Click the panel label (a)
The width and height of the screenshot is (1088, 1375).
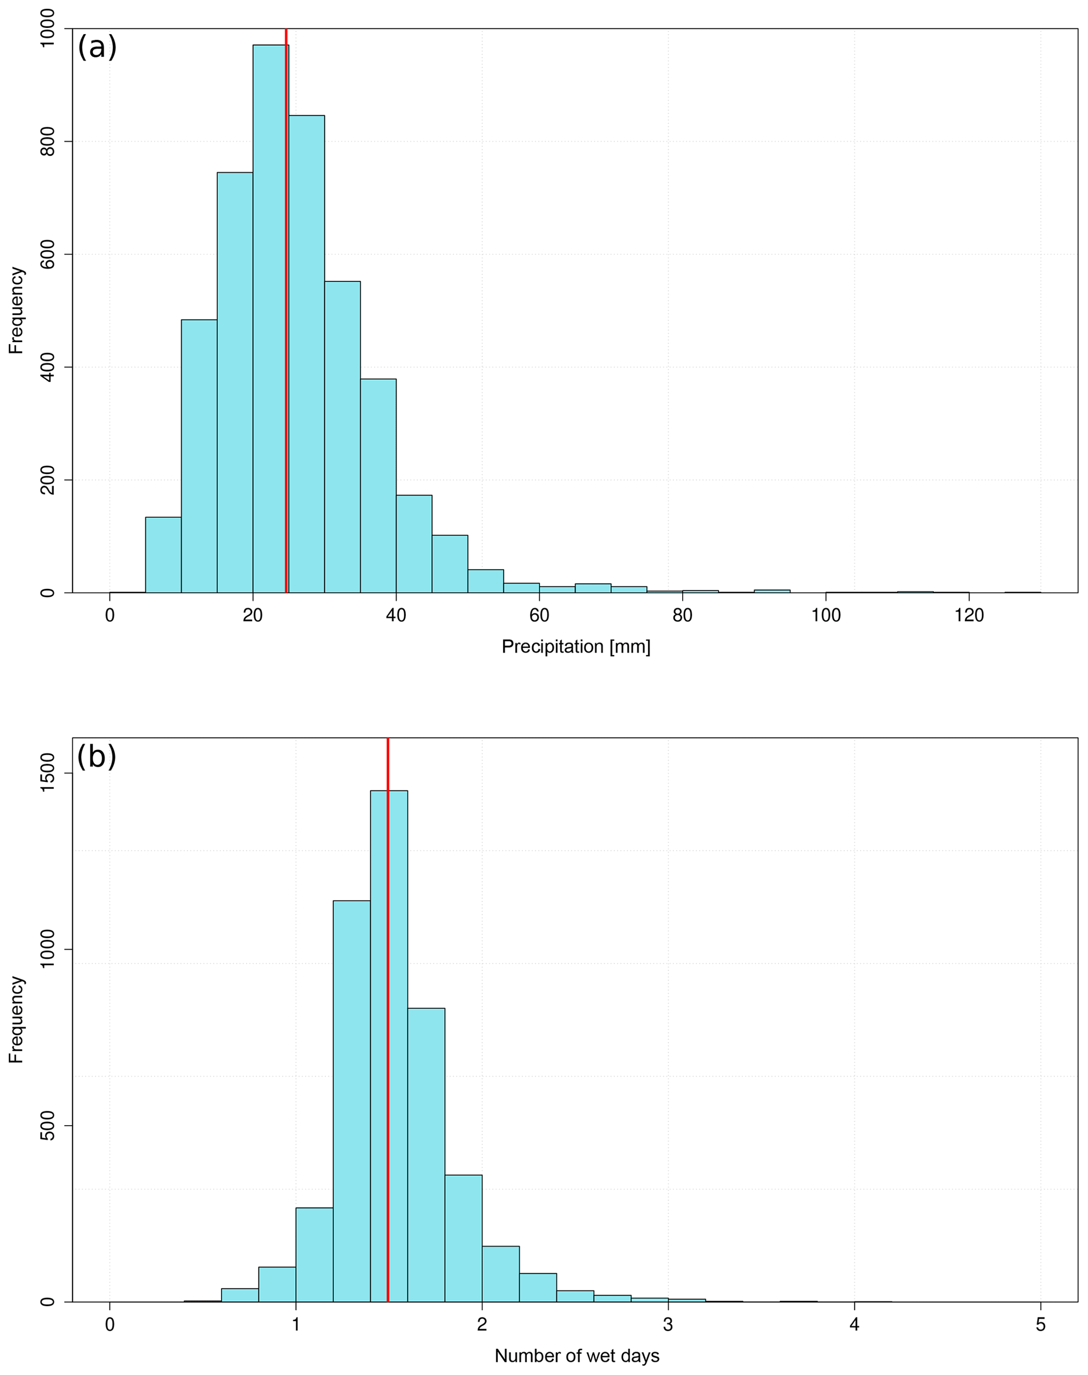[97, 47]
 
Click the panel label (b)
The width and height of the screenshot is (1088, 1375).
[96, 757]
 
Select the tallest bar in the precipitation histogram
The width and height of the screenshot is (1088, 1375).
[269, 318]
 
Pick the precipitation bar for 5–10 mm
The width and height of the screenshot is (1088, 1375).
[163, 555]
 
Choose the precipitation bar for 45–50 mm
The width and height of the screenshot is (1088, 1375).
[450, 564]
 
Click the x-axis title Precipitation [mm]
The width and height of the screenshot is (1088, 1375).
[576, 647]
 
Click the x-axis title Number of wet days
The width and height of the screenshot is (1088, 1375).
[576, 1356]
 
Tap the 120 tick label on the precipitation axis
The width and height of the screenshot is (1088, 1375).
[969, 616]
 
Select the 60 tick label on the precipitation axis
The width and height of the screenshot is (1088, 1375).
[540, 616]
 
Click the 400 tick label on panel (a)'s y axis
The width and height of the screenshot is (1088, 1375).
[48, 367]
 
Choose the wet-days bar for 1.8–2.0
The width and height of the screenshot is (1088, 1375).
[463, 1238]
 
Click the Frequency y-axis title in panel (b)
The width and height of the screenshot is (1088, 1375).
[16, 1019]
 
